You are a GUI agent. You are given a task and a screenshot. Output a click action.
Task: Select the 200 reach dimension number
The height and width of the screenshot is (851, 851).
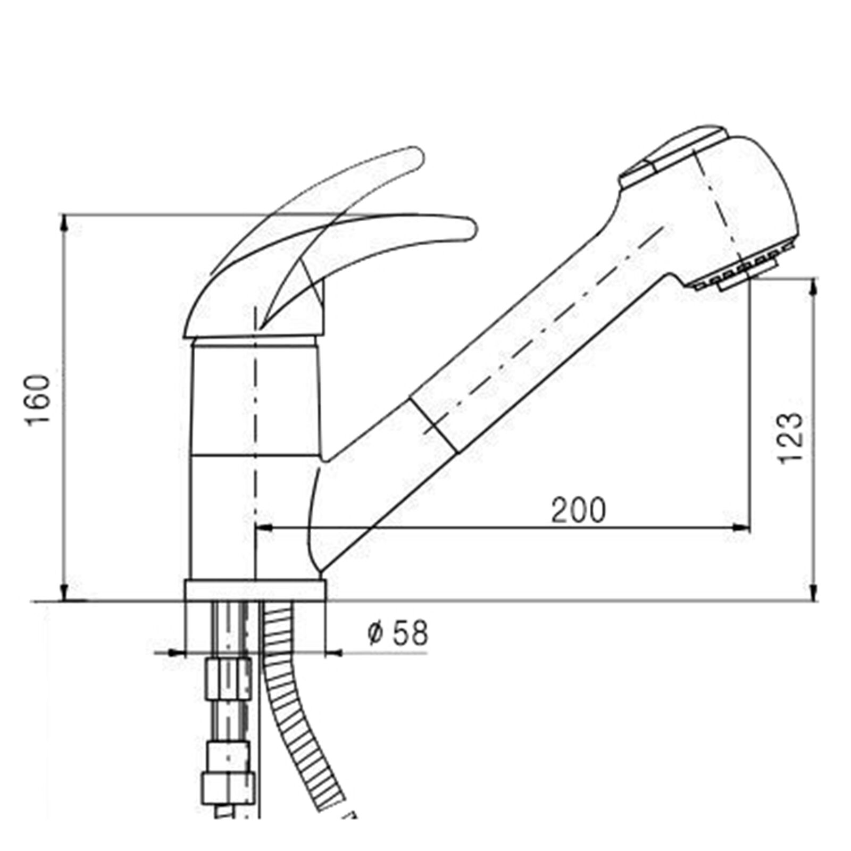578,510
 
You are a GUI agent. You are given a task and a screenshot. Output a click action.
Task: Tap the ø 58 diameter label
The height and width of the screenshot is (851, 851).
397,633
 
